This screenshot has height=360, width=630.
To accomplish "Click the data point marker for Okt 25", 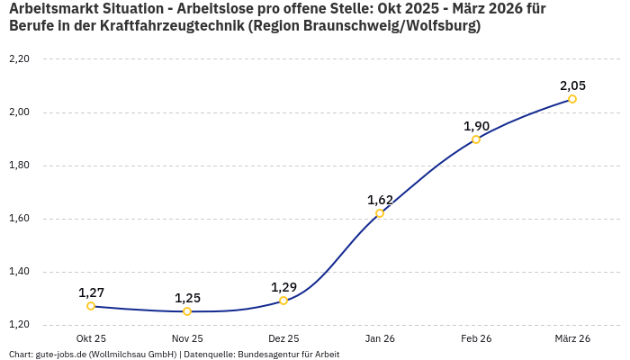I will (91, 306).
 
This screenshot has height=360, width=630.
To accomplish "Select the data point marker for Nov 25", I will (187, 311).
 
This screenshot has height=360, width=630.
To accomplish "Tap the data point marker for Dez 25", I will (283, 301).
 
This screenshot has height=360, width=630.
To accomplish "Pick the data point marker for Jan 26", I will (380, 213).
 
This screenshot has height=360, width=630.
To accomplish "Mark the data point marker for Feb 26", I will (476, 139).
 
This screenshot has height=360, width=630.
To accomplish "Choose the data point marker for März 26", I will (572, 99).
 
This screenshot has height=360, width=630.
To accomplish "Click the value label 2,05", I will (572, 85).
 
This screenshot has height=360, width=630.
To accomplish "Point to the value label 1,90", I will (476, 126).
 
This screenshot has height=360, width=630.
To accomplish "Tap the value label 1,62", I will (380, 200).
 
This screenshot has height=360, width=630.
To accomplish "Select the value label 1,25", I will (187, 298).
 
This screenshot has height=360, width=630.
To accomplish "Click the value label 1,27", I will (91, 292).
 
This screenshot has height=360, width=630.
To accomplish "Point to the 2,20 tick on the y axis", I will (19, 59).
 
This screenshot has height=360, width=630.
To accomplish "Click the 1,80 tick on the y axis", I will (19, 166).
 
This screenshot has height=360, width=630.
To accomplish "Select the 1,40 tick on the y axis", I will (19, 272).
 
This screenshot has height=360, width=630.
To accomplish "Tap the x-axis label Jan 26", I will (380, 338).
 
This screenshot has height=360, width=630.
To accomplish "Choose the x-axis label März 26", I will (572, 338).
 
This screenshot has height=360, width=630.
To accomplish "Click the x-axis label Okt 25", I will (91, 338).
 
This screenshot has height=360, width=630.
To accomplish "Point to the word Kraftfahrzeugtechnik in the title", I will (158, 26).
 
